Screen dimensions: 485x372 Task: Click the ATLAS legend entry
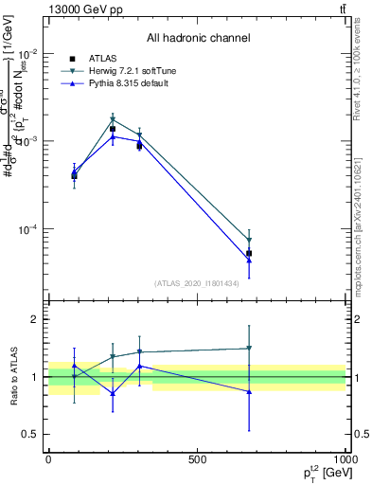click(105, 58)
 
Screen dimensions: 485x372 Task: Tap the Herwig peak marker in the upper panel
click(113, 120)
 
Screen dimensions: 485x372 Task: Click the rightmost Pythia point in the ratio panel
click(249, 391)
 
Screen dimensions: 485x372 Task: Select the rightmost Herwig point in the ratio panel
click(249, 349)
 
